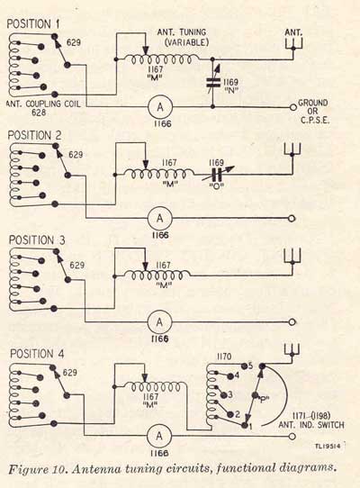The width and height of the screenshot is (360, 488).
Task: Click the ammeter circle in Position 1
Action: [x=160, y=107]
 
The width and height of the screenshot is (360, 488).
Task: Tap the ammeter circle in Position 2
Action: [x=159, y=218]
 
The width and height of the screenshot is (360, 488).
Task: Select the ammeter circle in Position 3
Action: [x=159, y=322]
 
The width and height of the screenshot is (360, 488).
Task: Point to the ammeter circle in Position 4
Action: [x=159, y=436]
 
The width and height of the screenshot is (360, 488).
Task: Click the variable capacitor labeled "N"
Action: [x=213, y=82]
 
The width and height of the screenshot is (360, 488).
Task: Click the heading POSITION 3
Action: [x=37, y=240]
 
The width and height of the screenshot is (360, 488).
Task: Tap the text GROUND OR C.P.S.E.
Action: [x=312, y=112]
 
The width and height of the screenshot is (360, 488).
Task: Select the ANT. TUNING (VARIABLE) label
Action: [x=183, y=37]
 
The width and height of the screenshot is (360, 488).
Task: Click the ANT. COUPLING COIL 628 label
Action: [x=43, y=108]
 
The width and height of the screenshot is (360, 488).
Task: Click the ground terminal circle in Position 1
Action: [x=292, y=107]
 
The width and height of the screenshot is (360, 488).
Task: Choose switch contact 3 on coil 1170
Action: [x=223, y=395]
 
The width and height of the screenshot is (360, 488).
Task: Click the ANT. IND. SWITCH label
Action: [x=311, y=425]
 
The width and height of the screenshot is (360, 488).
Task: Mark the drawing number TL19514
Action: [x=328, y=447]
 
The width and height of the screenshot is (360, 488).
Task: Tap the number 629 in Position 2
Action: [x=76, y=155]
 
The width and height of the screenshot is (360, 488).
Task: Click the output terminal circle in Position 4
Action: [x=292, y=437]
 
